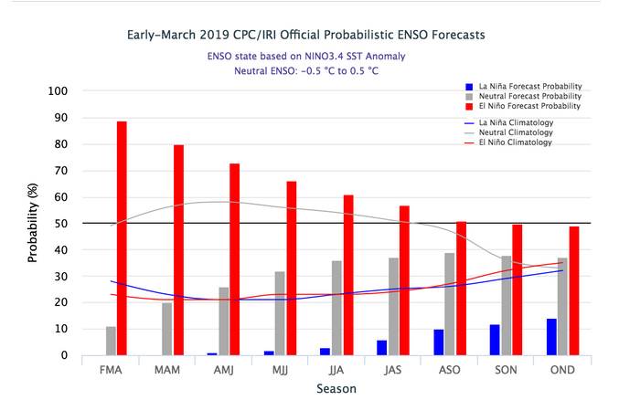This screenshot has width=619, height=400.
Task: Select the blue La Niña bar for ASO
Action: [x=438, y=342]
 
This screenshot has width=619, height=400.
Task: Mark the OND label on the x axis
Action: [x=561, y=370]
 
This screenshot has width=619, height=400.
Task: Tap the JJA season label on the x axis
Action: [x=336, y=370]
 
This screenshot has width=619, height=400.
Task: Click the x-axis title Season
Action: [x=336, y=388]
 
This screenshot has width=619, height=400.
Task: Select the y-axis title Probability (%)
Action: [x=33, y=223]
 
